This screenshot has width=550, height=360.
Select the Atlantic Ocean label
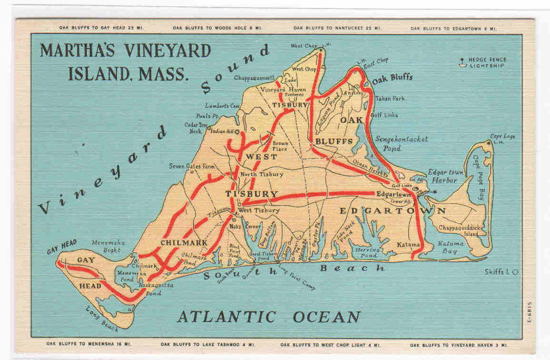pos(269,317)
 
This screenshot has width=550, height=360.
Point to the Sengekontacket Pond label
pos(402,143)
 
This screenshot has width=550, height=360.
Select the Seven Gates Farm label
pos(192,166)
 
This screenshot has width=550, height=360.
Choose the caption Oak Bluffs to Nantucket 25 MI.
pos(337,28)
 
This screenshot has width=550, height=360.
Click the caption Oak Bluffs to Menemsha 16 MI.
pos(89,343)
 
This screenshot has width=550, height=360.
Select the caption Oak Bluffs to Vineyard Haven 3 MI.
pos(459,344)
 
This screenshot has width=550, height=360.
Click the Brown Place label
pos(280,146)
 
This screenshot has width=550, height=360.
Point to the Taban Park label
pos(390,99)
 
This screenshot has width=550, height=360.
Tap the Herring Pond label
pos(367,252)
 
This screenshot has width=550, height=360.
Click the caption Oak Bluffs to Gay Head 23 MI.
pos(101,28)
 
